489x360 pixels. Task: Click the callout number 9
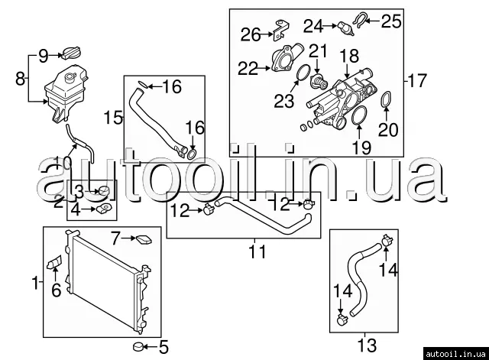coord(43,55)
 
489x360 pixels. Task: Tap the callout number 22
coord(248,69)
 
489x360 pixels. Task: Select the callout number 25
coord(390,21)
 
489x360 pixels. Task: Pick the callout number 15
coord(113,117)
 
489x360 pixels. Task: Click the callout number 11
coord(257,251)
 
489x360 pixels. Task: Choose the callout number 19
coord(360,145)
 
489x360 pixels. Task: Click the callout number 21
coord(317,53)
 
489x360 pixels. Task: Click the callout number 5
coord(162,349)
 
